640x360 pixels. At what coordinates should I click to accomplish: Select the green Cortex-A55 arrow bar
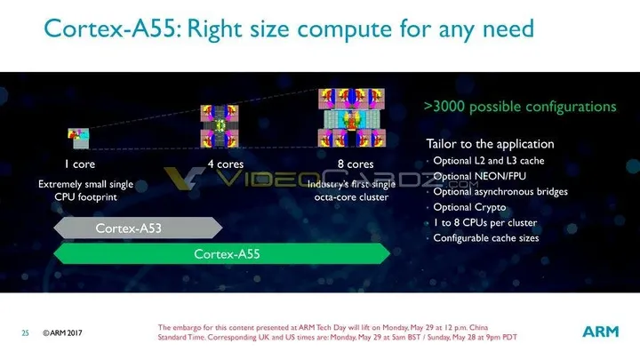coord(220,254)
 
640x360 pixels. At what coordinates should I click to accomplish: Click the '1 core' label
coord(79,164)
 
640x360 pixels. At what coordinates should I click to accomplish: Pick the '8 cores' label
coord(355,164)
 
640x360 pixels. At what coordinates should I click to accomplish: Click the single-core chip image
coord(78,136)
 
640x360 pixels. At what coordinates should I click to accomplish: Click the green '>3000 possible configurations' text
coord(519,107)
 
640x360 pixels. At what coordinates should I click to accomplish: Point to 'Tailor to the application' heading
coord(490,144)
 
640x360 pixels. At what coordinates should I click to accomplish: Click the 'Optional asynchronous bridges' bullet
coord(500,192)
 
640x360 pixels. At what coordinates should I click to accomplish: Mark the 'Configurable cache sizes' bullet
coord(485,238)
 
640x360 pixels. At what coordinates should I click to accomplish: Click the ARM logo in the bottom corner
coord(600,331)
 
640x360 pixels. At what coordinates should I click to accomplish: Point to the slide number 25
coord(26,333)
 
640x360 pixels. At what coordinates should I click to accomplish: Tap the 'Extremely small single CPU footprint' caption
coord(85,189)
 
